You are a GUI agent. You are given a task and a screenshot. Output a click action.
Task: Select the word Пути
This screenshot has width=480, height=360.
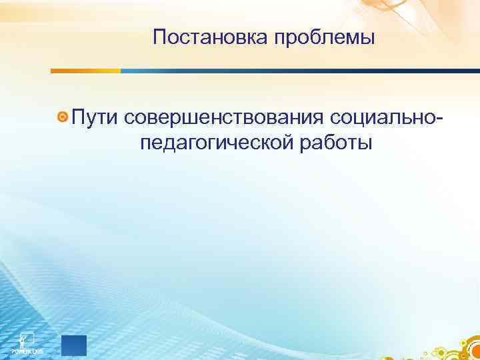coord(93,118)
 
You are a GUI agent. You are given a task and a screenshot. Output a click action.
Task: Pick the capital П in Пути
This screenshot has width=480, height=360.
coord(77,118)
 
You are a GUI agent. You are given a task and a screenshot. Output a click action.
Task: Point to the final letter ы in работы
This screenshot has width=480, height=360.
coord(366,144)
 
